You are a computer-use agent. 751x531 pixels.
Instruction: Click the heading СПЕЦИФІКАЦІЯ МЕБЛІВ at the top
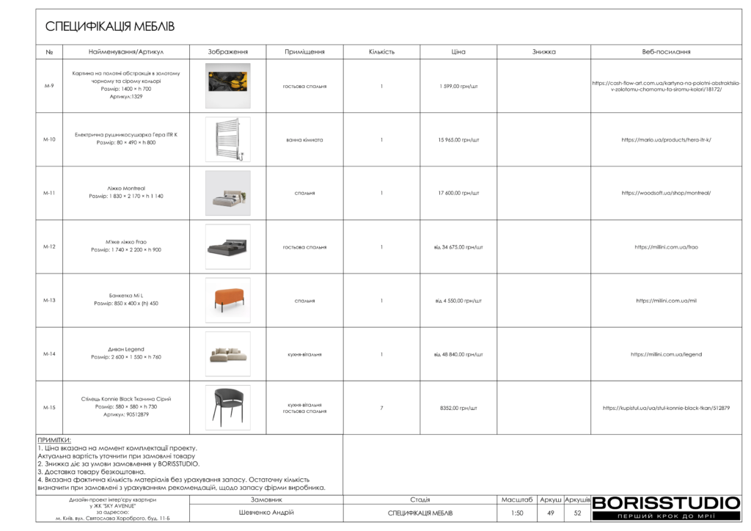pyautogui.click(x=110, y=27)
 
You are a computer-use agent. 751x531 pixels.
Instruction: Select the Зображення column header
pyautogui.click(x=227, y=52)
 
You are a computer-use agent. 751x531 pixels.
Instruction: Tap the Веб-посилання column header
pyautogui.click(x=666, y=52)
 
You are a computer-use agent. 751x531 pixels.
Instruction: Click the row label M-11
pyautogui.click(x=49, y=193)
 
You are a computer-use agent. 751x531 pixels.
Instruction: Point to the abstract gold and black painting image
pyautogui.click(x=227, y=86)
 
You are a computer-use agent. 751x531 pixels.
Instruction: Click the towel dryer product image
pyautogui.click(x=227, y=139)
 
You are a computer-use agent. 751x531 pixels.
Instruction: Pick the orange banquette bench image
pyautogui.click(x=227, y=299)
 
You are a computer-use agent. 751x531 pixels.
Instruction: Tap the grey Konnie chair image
pyautogui.click(x=227, y=407)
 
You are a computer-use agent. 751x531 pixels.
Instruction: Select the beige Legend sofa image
pyautogui.click(x=227, y=354)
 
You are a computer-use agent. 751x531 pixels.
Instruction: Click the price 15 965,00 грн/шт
pyautogui.click(x=458, y=139)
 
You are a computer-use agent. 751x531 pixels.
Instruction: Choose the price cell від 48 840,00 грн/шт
pyautogui.click(x=458, y=354)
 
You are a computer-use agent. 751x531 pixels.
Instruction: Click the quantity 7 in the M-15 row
pyautogui.click(x=381, y=408)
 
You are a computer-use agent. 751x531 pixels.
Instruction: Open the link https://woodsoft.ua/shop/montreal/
pyautogui.click(x=666, y=193)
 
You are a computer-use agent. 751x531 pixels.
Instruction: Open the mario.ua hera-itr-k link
pyautogui.click(x=666, y=139)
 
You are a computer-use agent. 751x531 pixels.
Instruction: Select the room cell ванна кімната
pyautogui.click(x=304, y=139)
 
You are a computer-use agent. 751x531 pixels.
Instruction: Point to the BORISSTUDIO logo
pyautogui.click(x=666, y=503)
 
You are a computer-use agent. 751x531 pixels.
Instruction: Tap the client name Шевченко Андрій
pyautogui.click(x=266, y=513)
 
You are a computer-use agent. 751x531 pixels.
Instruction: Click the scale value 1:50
pyautogui.click(x=517, y=513)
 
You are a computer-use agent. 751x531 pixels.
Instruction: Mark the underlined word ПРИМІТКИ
pyautogui.click(x=54, y=440)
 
